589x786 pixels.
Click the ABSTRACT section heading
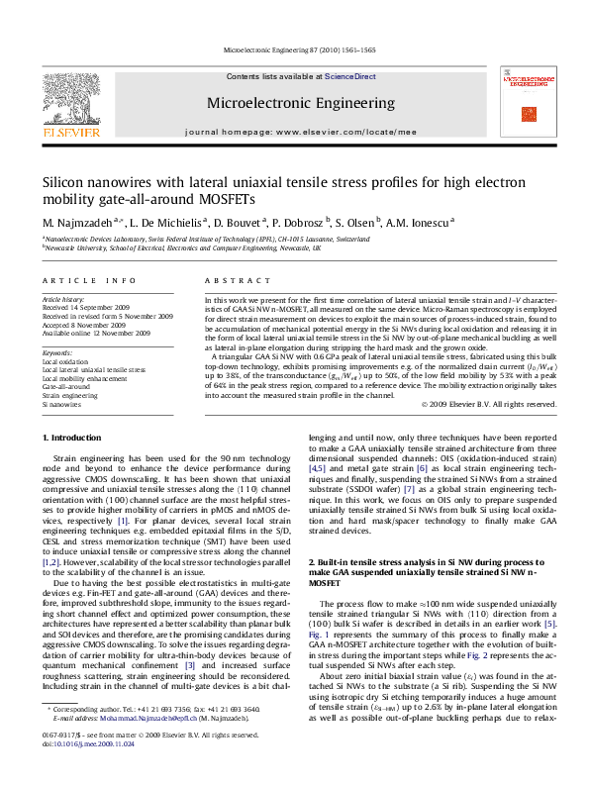[230, 281]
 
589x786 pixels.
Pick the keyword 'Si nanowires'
[60, 404]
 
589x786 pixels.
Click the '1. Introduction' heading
[72, 438]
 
